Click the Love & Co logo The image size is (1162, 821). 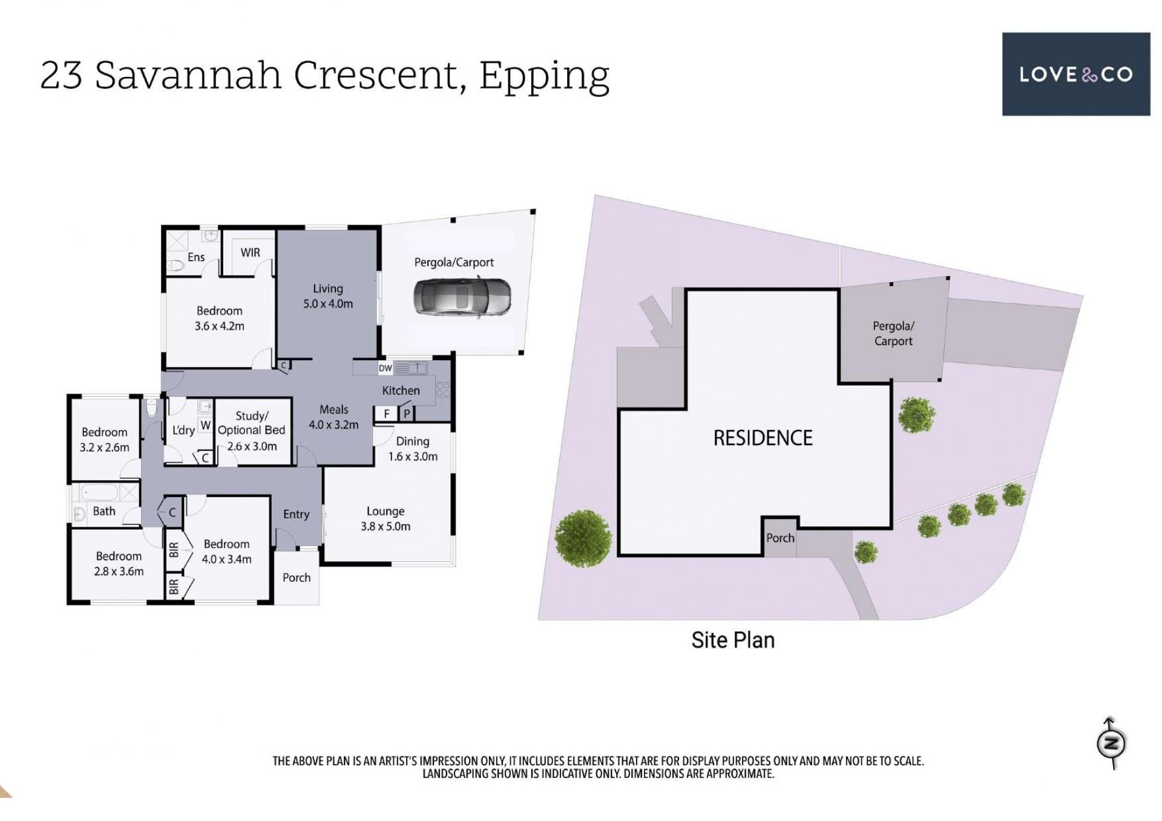1075,74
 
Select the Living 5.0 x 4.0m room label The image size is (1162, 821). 328,296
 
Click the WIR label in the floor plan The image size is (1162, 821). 250,252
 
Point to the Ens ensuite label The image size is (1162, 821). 196,257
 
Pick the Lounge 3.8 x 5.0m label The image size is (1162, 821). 386,519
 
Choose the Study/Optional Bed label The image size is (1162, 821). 251,430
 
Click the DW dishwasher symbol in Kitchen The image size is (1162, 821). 386,368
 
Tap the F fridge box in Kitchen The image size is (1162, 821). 386,414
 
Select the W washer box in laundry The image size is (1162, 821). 206,426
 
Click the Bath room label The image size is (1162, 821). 104,511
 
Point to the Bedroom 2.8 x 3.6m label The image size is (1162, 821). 119,564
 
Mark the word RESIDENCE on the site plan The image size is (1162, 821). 763,438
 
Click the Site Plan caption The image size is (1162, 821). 733,640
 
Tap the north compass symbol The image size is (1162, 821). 1111,744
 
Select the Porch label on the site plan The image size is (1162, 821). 780,538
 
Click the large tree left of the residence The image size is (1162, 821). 583,538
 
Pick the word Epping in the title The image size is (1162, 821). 544,76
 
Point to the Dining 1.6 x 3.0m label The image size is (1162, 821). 413,449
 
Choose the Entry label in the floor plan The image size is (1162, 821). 296,515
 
